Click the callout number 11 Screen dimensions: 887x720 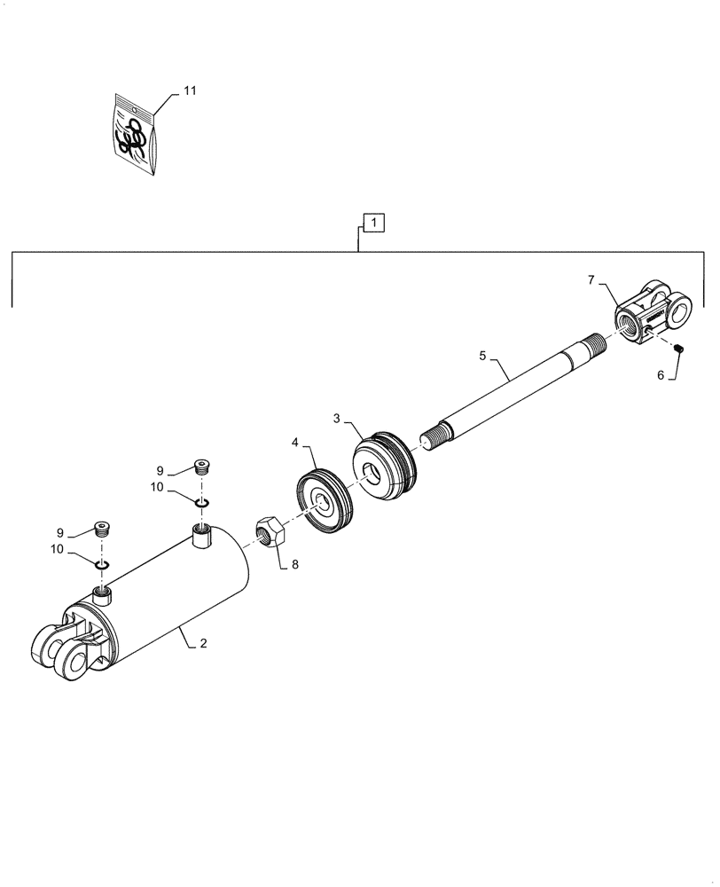[x=190, y=91]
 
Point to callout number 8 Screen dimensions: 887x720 [x=295, y=563]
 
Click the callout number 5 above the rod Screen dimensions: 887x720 [x=482, y=357]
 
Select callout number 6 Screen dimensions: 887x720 [x=661, y=375]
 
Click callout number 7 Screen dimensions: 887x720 [x=591, y=280]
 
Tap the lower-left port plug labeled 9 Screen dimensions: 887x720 [x=103, y=530]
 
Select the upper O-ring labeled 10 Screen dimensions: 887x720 [x=203, y=503]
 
